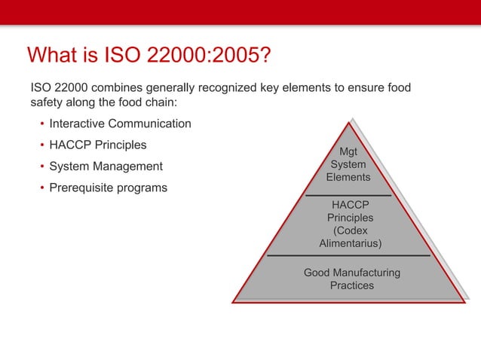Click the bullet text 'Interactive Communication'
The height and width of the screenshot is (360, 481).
(120, 124)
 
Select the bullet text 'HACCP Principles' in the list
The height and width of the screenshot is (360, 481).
(98, 145)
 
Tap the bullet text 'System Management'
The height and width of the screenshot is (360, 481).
(106, 166)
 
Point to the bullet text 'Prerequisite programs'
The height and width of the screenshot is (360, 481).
(108, 188)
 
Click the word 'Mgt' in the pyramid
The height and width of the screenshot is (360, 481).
(348, 151)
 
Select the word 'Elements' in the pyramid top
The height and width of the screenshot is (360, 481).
(348, 178)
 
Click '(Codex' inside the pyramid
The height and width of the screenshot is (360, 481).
(350, 230)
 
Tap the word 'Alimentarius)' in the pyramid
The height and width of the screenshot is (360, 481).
(351, 244)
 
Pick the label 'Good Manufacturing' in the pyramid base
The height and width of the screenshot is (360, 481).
(351, 273)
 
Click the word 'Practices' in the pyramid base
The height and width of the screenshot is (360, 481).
(351, 285)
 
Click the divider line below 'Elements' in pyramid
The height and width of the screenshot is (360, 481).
(348, 195)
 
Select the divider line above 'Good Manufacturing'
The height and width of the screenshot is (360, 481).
(348, 256)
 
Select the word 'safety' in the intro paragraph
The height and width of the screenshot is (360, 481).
(47, 103)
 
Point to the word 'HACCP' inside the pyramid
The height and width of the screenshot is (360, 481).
(350, 204)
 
